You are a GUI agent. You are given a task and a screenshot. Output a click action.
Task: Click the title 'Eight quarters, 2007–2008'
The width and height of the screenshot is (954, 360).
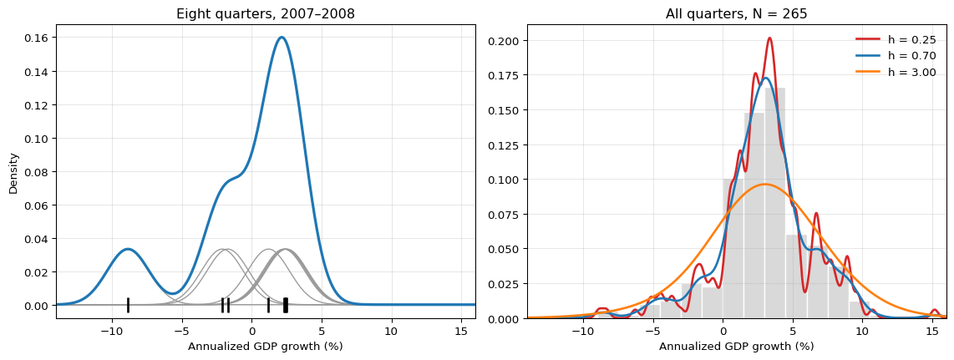[266, 14]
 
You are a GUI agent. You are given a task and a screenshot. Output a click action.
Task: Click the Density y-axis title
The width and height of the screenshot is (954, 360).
[14, 173]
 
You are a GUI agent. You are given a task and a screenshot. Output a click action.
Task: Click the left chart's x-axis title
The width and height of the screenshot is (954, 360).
[266, 347]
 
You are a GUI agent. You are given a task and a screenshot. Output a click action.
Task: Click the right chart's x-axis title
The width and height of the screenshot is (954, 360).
[736, 347]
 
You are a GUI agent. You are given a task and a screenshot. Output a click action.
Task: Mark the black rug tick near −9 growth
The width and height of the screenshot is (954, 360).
[128, 305]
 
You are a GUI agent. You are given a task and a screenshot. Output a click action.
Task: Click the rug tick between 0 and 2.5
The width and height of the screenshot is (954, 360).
[268, 305]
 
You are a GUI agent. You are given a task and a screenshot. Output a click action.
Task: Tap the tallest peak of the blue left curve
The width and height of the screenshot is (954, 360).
[281, 37]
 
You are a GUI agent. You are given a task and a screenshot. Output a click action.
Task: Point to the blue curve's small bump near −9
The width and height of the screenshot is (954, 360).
[128, 249]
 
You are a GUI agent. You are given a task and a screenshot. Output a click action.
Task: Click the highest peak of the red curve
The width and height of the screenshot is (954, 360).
[769, 38]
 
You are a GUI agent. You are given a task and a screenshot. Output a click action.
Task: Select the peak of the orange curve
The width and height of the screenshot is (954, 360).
[764, 184]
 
